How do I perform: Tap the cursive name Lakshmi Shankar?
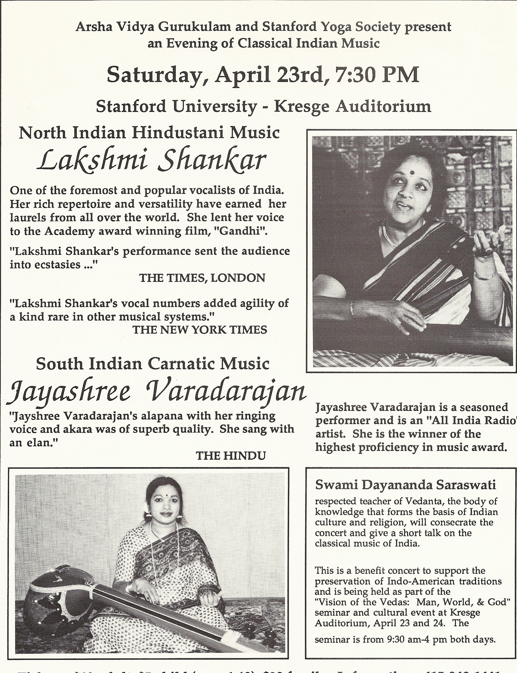click(151, 161)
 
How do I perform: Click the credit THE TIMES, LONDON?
click(202, 278)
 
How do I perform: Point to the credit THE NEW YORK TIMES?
click(199, 330)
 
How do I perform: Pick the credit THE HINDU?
click(231, 456)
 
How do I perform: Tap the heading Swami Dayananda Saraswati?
click(405, 485)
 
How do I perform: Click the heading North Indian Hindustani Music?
click(149, 133)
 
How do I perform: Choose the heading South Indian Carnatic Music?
click(153, 364)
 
